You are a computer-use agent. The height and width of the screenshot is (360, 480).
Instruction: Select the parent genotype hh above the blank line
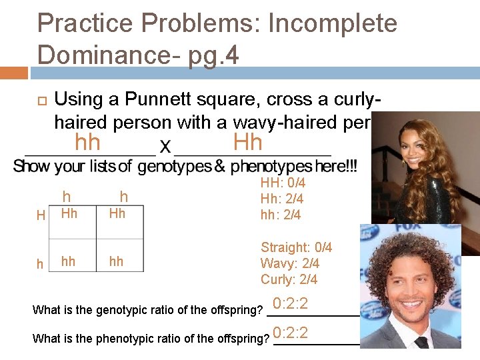coord(87,143)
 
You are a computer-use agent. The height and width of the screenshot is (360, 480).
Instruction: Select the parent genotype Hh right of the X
coord(248,143)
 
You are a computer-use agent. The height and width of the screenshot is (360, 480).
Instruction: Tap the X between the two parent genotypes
coord(165,146)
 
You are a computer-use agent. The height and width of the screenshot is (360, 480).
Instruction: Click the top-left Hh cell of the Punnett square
coord(69,213)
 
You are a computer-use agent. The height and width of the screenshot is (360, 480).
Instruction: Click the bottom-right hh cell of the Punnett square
coord(117,261)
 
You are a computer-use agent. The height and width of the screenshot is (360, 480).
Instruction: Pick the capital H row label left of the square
coord(41,215)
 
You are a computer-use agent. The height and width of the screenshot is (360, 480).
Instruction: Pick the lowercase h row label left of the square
coord(41,265)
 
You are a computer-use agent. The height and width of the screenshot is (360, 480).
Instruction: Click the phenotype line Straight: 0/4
coord(296,247)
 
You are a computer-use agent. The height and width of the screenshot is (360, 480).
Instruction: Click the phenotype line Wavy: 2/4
coord(289,263)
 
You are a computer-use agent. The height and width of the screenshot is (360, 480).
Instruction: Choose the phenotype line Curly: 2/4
coord(289,279)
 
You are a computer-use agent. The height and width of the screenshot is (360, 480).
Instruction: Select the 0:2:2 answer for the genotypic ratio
coord(290,305)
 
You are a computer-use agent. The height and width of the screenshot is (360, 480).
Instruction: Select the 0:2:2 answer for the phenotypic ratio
coord(290,333)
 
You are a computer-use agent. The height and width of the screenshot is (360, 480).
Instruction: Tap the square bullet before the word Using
coord(41,101)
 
